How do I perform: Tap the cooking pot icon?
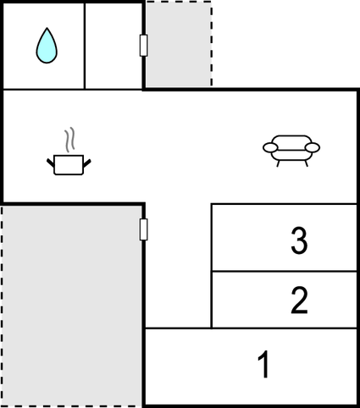tap(69, 163)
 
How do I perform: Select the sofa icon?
tap(291, 149)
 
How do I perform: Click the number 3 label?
tap(298, 241)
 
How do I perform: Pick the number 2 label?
tap(298, 300)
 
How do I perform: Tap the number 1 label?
tap(263, 366)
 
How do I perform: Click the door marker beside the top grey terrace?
tap(144, 46)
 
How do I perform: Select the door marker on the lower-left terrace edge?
tap(144, 229)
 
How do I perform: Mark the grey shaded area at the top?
tap(177, 44)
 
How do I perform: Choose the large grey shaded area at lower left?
tap(72, 305)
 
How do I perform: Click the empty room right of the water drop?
tap(113, 46)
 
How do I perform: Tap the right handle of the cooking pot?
tap(87, 159)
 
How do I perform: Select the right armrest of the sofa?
tap(313, 148)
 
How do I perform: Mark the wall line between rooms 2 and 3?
tap(284, 272)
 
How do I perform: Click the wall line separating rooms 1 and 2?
tap(284, 328)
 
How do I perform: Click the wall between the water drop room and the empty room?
tap(85, 46)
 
